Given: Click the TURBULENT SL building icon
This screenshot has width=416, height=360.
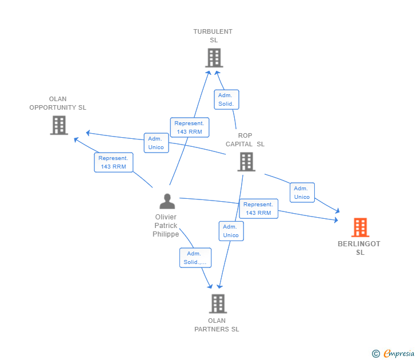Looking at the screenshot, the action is click(x=214, y=58).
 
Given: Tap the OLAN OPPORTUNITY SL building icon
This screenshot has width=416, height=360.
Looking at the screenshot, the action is click(x=59, y=125).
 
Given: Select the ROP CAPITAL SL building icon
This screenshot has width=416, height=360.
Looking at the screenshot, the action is click(x=246, y=162).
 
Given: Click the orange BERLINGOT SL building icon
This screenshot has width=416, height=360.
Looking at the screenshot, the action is click(x=359, y=227).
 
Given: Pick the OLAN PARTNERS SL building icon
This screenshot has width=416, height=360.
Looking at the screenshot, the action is click(x=218, y=303).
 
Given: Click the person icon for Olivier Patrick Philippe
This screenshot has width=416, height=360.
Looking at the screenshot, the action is click(x=167, y=201).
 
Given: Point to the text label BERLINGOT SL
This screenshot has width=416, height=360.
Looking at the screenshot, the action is click(x=359, y=248).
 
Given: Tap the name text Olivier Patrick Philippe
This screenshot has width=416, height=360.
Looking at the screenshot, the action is click(x=166, y=226).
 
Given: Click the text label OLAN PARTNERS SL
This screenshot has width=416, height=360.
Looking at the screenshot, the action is click(x=217, y=325).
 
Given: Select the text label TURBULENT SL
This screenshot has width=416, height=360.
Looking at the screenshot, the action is click(x=213, y=36).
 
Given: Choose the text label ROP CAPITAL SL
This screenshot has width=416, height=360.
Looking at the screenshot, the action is click(x=245, y=140).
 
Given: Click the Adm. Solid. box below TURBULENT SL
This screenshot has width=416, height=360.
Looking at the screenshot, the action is click(x=226, y=99).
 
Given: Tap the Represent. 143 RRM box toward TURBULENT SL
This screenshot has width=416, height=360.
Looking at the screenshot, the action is click(x=189, y=127).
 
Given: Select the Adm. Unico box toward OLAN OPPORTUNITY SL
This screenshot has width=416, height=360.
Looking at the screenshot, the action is click(x=156, y=143).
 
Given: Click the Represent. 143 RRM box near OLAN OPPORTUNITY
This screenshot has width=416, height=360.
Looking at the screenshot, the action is click(x=113, y=162).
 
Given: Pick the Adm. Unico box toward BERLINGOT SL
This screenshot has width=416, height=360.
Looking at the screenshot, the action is click(x=302, y=193).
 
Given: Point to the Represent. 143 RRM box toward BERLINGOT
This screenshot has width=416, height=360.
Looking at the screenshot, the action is click(x=258, y=209).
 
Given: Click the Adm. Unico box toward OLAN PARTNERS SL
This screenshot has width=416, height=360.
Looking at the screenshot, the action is click(x=231, y=231).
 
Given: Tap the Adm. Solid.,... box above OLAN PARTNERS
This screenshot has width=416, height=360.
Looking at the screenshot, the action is click(x=195, y=258).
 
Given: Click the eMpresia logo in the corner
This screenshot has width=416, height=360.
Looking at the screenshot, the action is click(x=393, y=354).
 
